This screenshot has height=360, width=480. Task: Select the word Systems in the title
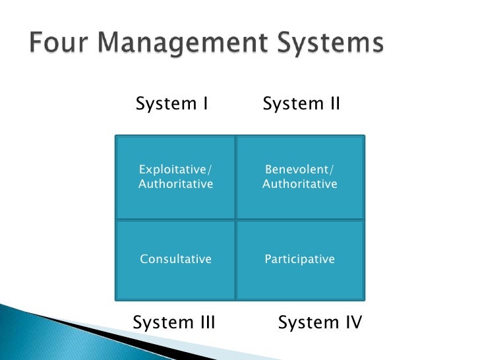click(x=330, y=44)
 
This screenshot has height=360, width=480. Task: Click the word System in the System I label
click(x=165, y=104)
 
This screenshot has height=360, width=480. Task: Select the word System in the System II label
click(x=292, y=104)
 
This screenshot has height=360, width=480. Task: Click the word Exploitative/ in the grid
click(x=176, y=170)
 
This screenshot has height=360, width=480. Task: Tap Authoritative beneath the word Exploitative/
click(x=176, y=184)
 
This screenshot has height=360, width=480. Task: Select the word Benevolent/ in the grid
click(x=300, y=170)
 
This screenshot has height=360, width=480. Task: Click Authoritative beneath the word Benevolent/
click(x=300, y=184)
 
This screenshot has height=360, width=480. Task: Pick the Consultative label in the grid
click(x=176, y=259)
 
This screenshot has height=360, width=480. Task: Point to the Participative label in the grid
click(x=300, y=259)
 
